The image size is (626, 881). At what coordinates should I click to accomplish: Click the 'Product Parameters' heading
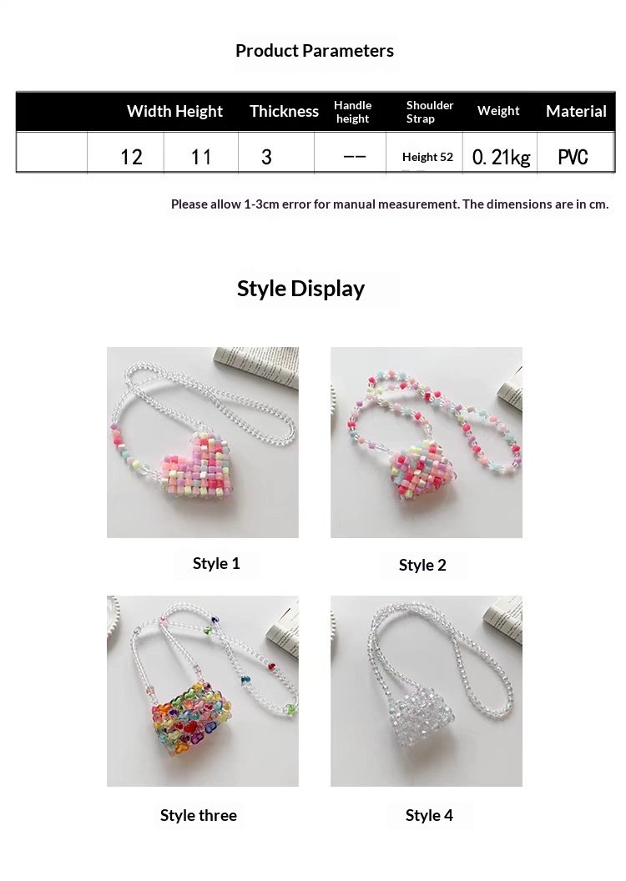pyautogui.click(x=314, y=51)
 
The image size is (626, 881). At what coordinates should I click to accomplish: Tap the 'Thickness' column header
pyautogui.click(x=284, y=111)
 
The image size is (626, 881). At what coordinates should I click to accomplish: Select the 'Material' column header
pyautogui.click(x=576, y=111)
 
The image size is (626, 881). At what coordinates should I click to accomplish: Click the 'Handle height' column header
pyautogui.click(x=352, y=112)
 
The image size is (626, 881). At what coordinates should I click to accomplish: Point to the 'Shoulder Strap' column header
pyautogui.click(x=429, y=112)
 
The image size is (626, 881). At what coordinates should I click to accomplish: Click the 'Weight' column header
pyautogui.click(x=498, y=111)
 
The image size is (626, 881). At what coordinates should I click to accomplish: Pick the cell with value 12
pyautogui.click(x=132, y=157)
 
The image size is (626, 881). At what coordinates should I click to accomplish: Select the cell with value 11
pyautogui.click(x=200, y=157)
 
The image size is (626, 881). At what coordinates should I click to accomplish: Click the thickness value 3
pyautogui.click(x=266, y=157)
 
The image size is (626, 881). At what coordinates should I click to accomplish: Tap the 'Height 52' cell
pyautogui.click(x=427, y=157)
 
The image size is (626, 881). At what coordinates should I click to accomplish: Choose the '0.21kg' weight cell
pyautogui.click(x=502, y=157)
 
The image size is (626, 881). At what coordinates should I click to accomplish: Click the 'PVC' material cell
pyautogui.click(x=573, y=157)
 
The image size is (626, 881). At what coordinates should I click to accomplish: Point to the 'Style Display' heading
pyautogui.click(x=300, y=289)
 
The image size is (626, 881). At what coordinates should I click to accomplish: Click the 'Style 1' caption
pyautogui.click(x=216, y=563)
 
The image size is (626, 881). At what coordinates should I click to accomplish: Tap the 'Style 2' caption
pyautogui.click(x=422, y=565)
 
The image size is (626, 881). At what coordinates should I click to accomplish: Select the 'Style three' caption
pyautogui.click(x=199, y=815)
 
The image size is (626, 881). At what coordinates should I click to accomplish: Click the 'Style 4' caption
pyautogui.click(x=429, y=815)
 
